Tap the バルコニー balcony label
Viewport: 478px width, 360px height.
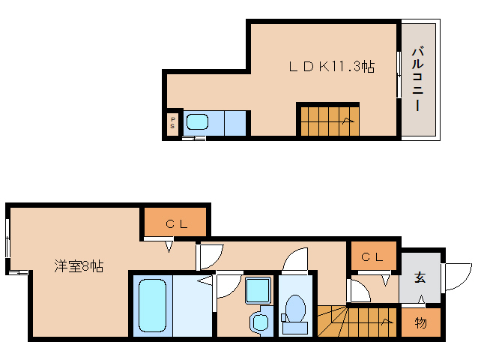pyautogui.click(x=420, y=79)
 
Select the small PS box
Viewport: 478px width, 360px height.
pyautogui.click(x=172, y=123)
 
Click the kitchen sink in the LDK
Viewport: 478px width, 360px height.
pyautogui.click(x=197, y=121)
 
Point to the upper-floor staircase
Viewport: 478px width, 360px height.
pyautogui.click(x=328, y=120)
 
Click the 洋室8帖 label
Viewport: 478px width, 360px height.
pyautogui.click(x=78, y=265)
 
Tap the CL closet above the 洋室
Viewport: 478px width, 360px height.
pyautogui.click(x=175, y=223)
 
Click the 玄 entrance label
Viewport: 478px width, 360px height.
pyautogui.click(x=420, y=277)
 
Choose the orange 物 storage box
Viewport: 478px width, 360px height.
pyautogui.click(x=420, y=323)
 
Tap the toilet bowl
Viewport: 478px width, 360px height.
pyautogui.click(x=295, y=310)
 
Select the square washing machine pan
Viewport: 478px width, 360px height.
pyautogui.click(x=258, y=290)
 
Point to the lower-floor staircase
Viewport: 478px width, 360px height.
pyautogui.click(x=356, y=322)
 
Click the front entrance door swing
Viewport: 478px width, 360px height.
pyautogui.click(x=457, y=275)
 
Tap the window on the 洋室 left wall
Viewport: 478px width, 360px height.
pyautogui.click(x=8, y=238)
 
